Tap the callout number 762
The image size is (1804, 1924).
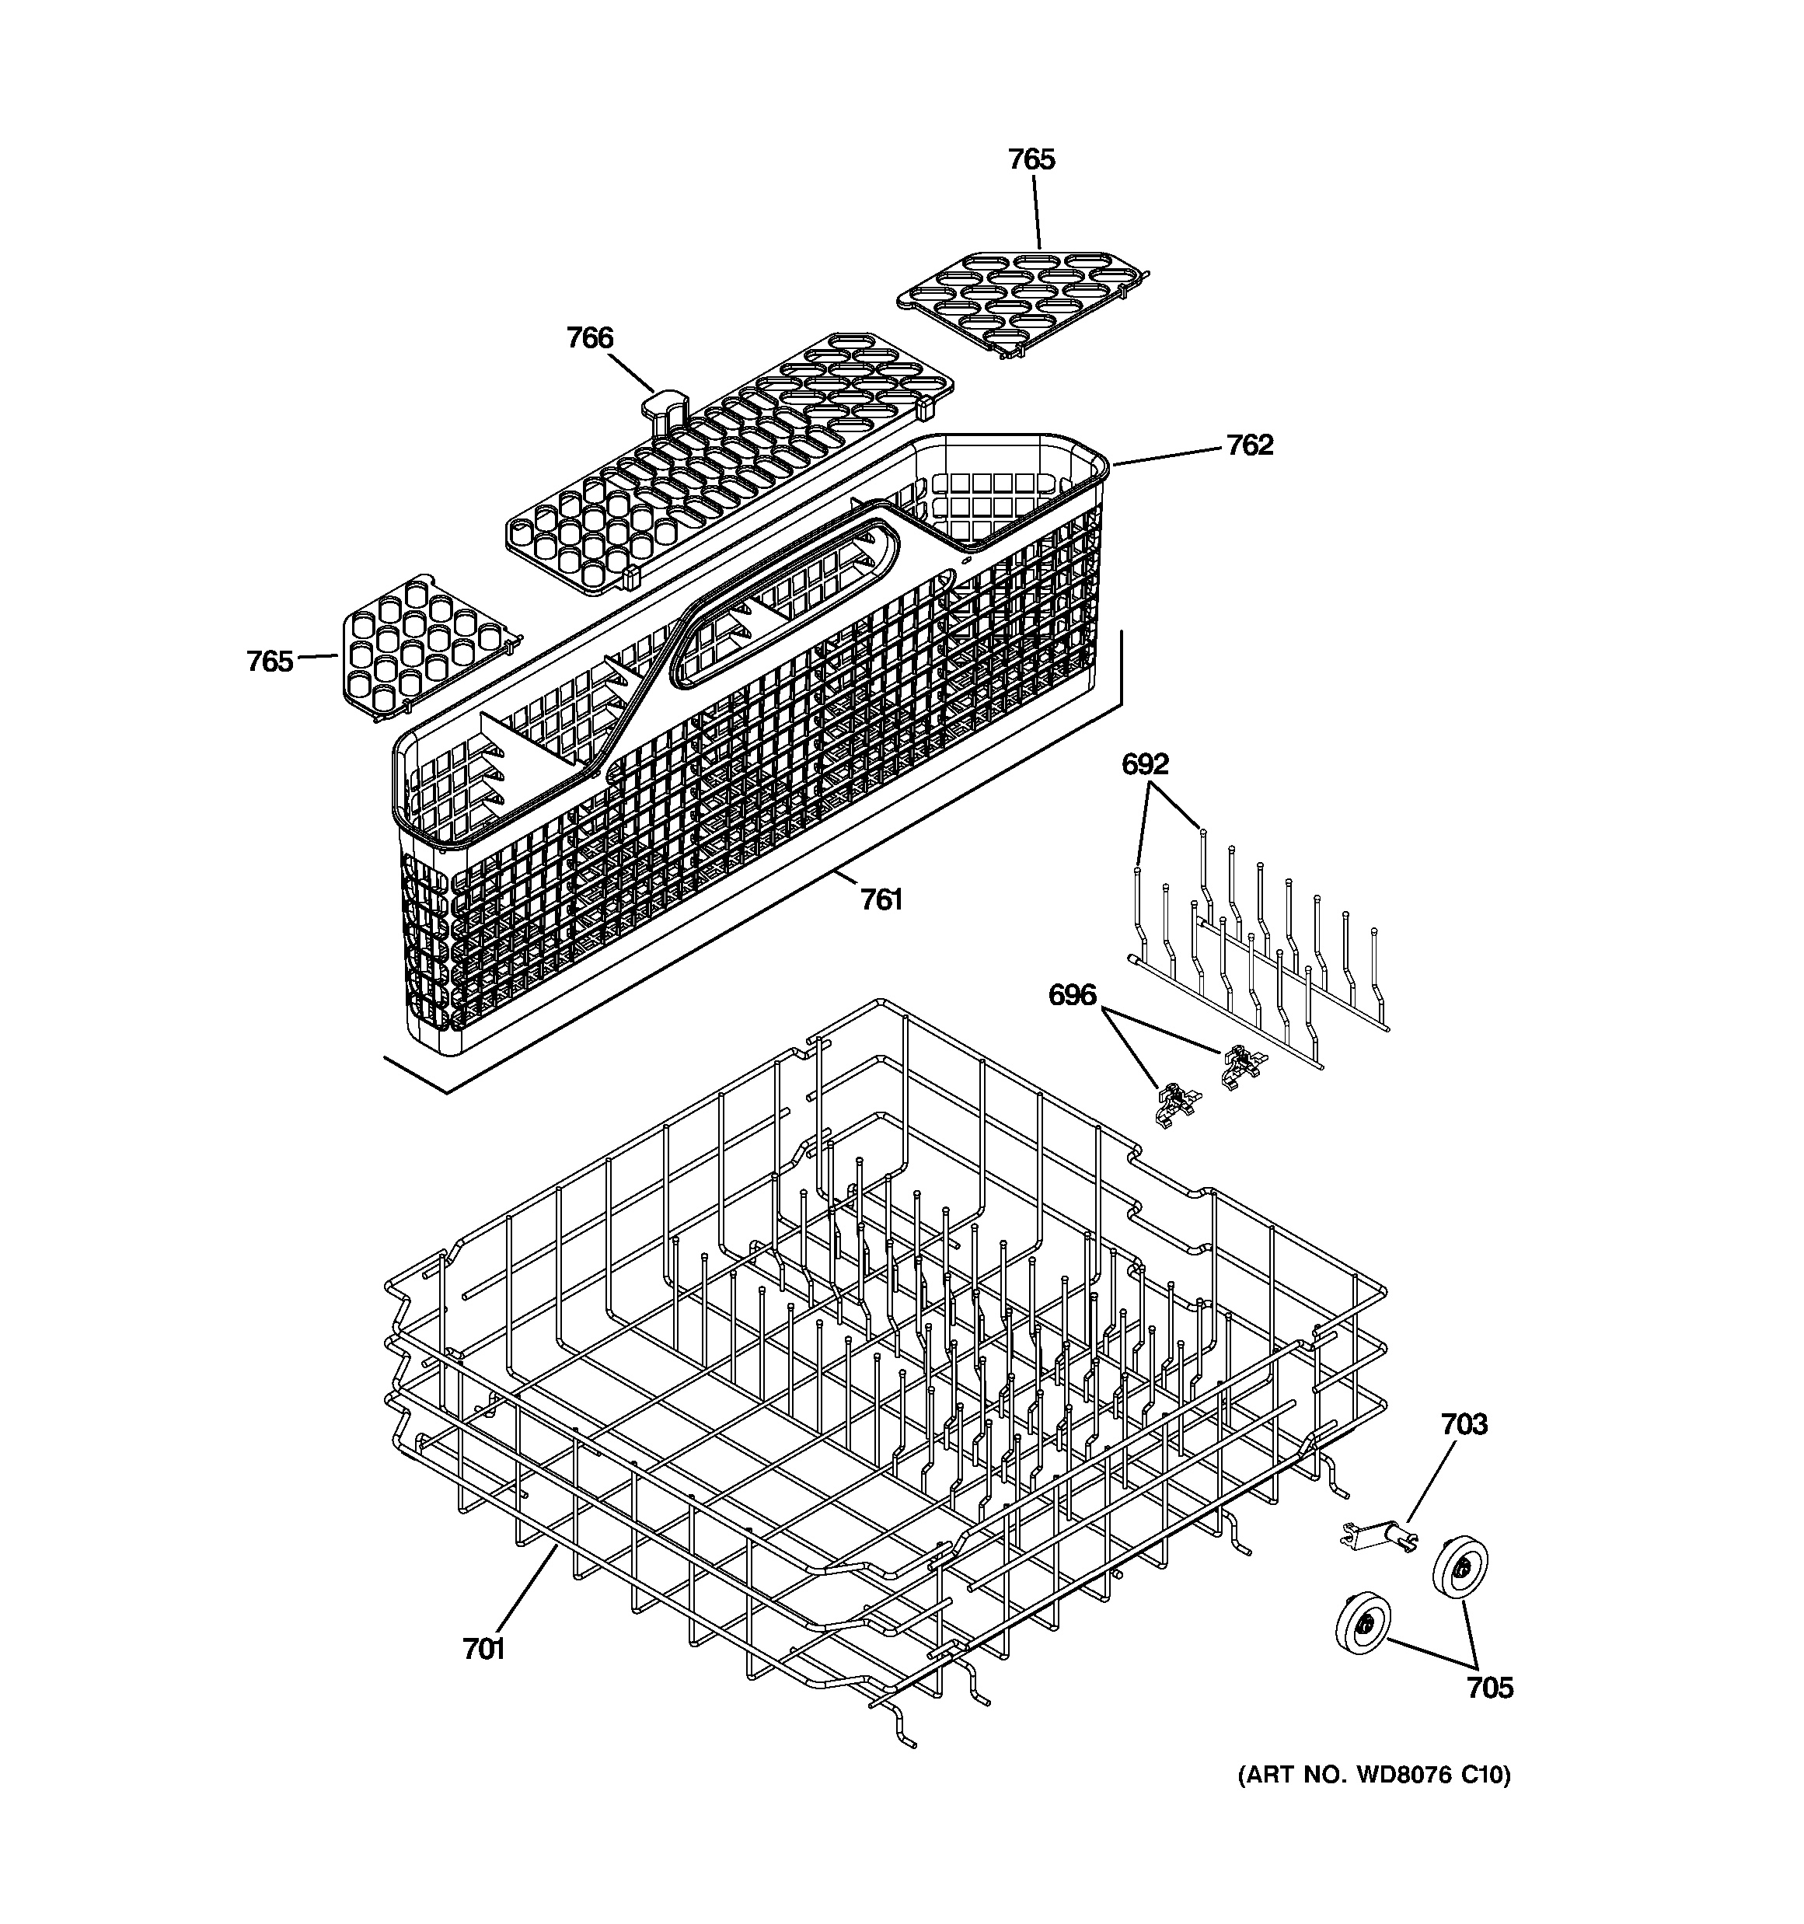point(1250,445)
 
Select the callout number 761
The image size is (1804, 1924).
point(881,900)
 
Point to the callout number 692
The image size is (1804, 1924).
point(1145,765)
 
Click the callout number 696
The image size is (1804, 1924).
point(1073,995)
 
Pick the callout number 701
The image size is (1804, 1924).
point(484,1649)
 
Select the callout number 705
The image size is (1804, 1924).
point(1489,1688)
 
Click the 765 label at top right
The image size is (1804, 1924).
point(1031,159)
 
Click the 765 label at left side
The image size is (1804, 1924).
point(269,662)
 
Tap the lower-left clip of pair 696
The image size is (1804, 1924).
point(1174,1102)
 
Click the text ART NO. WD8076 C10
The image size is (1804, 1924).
point(1373,1775)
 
